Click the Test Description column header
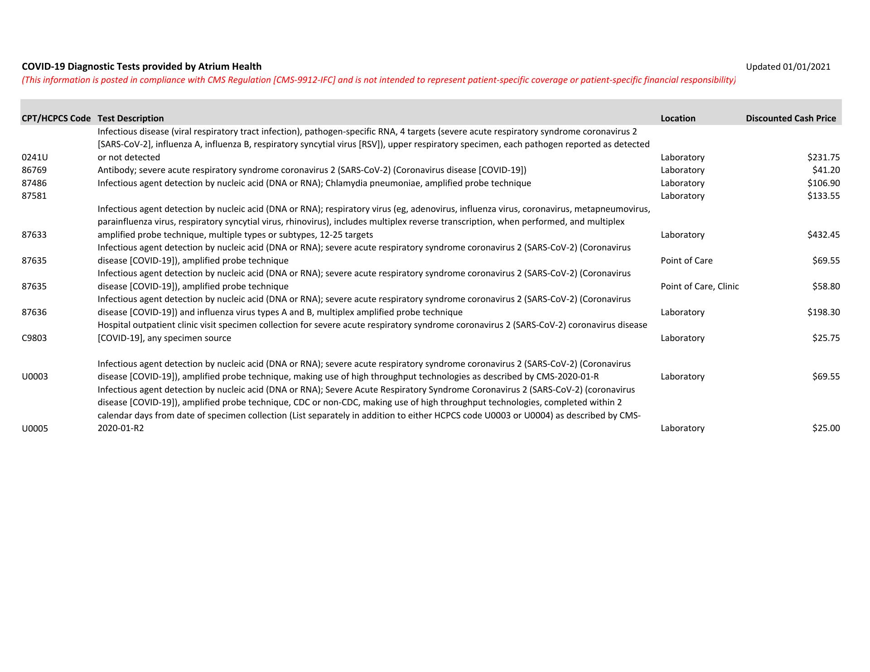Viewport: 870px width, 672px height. (130, 119)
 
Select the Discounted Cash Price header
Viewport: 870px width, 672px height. (791, 119)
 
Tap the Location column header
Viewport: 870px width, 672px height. (678, 119)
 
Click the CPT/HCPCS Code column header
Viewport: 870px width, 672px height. (56, 119)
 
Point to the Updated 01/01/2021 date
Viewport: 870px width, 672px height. (788, 67)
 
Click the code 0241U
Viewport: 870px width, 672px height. (35, 158)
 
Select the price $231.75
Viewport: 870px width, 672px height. (823, 158)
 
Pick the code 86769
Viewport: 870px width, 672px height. (34, 170)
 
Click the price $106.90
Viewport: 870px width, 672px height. (823, 183)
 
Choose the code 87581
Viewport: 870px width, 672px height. (34, 196)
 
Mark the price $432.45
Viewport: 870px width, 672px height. (823, 235)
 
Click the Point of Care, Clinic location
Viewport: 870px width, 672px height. (700, 287)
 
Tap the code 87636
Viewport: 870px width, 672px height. (34, 312)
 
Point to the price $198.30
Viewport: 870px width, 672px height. (823, 312)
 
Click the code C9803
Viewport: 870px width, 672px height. (34, 338)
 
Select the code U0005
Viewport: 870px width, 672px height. (35, 429)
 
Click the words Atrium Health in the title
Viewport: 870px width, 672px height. (230, 67)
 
